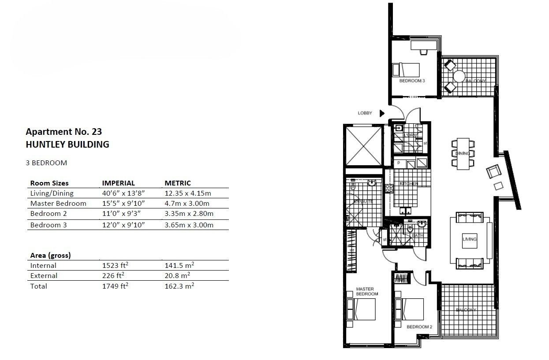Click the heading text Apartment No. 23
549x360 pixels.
64,131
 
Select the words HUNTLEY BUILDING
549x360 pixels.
67,144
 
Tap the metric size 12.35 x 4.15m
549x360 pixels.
187,193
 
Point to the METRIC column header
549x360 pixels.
178,183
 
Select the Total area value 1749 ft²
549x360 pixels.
115,286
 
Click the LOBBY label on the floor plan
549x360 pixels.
365,113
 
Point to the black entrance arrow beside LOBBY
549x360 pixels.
382,113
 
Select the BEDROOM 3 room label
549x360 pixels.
412,82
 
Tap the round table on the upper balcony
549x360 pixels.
459,76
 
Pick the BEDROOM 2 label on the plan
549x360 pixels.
419,327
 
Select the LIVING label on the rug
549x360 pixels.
470,239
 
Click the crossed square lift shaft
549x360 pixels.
364,145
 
